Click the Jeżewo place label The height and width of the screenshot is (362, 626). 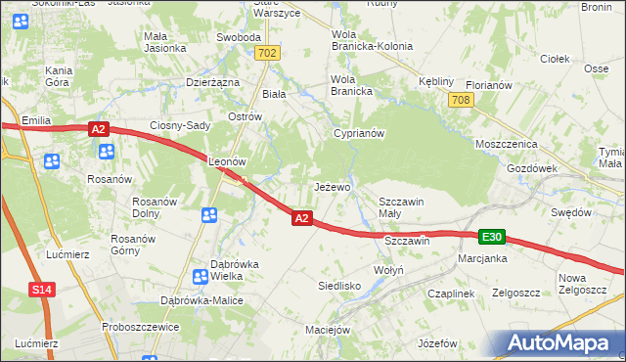(x=332, y=186)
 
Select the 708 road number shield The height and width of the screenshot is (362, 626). (x=461, y=100)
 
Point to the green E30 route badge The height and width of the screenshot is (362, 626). (x=492, y=238)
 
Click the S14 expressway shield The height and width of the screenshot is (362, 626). (x=40, y=290)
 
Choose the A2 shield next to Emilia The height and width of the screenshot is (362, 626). (x=98, y=128)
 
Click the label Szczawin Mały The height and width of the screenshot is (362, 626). (x=401, y=207)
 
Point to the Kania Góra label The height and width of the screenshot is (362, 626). (x=59, y=77)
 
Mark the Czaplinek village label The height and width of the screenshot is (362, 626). (x=450, y=293)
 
